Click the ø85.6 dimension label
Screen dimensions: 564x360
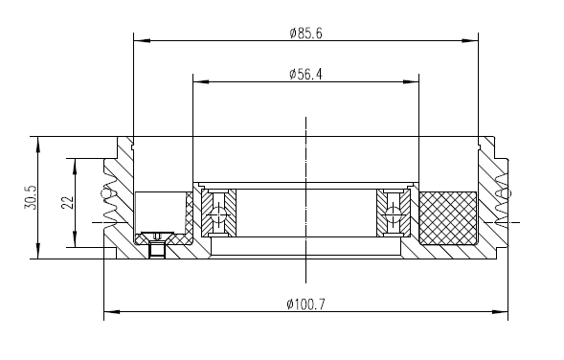click(305, 34)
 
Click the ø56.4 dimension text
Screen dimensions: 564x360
click(305, 74)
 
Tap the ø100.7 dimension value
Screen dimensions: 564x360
click(305, 304)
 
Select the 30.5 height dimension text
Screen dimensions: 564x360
click(31, 197)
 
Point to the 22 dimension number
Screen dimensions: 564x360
click(67, 202)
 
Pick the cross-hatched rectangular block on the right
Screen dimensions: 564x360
click(448, 218)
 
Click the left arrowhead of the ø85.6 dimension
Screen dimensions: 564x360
click(142, 40)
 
